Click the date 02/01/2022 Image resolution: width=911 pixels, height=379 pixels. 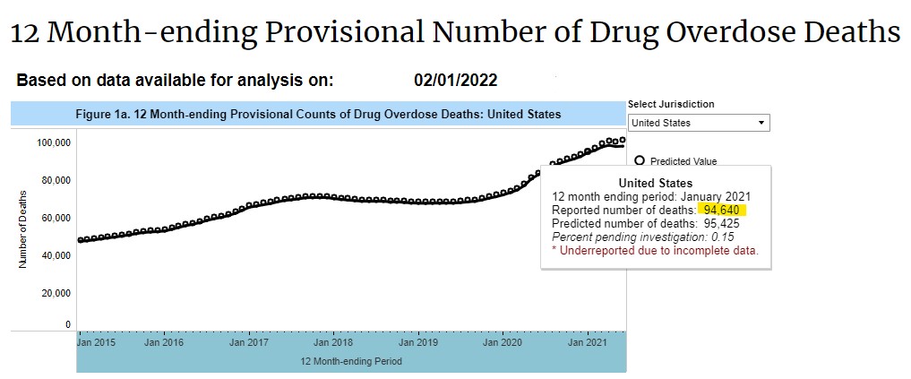(455, 81)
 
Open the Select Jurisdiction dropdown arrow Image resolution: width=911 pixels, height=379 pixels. (761, 123)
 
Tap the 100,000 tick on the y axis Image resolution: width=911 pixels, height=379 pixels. (55, 142)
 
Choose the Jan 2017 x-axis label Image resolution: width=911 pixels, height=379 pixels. (248, 342)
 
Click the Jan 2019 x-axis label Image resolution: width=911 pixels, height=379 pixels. (417, 342)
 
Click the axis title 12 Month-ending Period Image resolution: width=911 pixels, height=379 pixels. (351, 361)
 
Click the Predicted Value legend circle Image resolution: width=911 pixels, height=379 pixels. (640, 161)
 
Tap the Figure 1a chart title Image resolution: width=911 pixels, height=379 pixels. (318, 115)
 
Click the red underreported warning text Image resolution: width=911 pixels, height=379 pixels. (655, 251)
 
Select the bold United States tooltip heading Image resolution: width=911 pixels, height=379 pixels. (655, 183)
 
